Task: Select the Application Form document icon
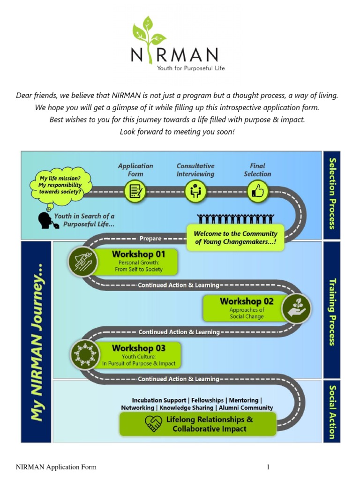[x=135, y=191]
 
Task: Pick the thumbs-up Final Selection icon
[x=257, y=191]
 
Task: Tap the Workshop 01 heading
[x=138, y=254]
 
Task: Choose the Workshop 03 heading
[x=138, y=348]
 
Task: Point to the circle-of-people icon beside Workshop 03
[x=85, y=355]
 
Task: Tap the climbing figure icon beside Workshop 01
[x=83, y=261]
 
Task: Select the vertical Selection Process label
[x=332, y=193]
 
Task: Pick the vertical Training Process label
[x=332, y=312]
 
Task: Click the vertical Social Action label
[x=332, y=411]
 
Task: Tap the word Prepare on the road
[x=150, y=238]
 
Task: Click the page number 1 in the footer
[x=269, y=467]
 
